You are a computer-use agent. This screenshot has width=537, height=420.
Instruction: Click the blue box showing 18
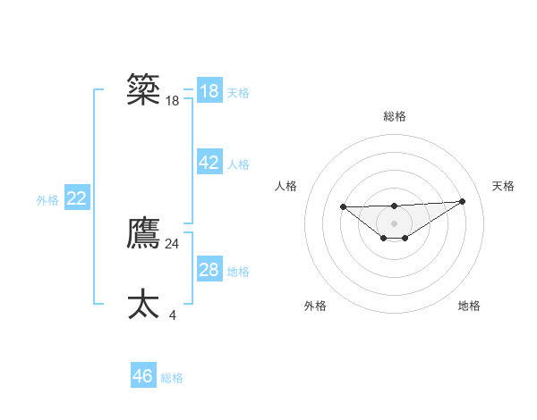tap(209, 91)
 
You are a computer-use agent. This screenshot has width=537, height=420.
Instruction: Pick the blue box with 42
tap(209, 163)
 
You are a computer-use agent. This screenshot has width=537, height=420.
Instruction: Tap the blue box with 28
tap(209, 270)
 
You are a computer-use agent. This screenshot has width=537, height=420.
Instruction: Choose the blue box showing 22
tap(76, 198)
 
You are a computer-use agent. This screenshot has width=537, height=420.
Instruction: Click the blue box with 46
tap(143, 376)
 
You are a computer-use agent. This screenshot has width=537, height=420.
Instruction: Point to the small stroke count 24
tap(173, 243)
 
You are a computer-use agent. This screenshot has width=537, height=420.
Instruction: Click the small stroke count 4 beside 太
tap(173, 315)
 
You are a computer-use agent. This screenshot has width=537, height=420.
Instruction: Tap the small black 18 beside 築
tap(173, 101)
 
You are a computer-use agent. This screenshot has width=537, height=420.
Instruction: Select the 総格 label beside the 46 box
tap(172, 378)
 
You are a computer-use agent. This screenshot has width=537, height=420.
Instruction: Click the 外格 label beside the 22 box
tap(47, 200)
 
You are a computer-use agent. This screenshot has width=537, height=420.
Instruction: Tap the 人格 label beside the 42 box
tap(238, 164)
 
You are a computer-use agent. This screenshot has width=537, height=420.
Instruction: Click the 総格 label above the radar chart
tap(394, 116)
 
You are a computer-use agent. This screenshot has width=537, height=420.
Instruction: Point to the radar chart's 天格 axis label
tap(503, 186)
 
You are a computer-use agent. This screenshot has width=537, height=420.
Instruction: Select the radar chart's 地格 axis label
tap(469, 306)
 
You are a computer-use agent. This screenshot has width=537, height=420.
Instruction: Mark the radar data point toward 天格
tap(462, 201)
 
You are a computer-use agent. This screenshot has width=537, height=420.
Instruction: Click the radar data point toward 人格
tap(344, 207)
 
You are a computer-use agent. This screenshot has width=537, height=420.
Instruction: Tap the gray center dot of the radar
tap(394, 223)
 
